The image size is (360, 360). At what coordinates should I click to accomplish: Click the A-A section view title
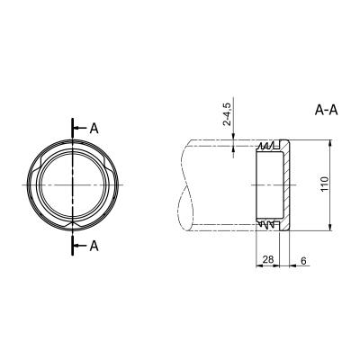(326, 110)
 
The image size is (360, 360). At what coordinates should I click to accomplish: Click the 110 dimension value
(324, 184)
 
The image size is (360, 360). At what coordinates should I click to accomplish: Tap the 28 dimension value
(267, 259)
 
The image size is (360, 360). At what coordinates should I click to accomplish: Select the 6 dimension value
(303, 261)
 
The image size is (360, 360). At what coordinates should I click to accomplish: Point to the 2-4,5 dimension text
(227, 114)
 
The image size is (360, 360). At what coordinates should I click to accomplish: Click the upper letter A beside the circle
(94, 129)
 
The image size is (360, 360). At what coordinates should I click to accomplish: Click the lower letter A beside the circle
(94, 246)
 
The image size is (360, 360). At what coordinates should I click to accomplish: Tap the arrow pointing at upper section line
(80, 129)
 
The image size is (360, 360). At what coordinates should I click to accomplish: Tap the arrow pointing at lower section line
(80, 246)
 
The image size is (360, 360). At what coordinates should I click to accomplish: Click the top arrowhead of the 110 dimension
(330, 144)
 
